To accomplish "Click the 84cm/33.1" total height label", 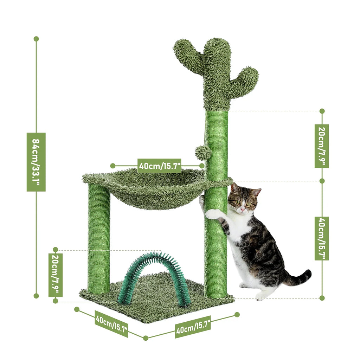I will [x=36, y=162].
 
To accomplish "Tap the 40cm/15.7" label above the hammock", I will [x=159, y=166].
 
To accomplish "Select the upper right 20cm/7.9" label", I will [x=322, y=146].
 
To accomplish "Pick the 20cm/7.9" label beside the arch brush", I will [x=55, y=275].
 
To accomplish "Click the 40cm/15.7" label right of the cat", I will [x=322, y=238].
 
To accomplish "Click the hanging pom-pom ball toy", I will [x=203, y=153].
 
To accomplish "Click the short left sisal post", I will [x=99, y=239].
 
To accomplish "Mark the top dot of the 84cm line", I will [x=36, y=39].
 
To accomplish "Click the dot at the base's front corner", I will [x=146, y=338].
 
